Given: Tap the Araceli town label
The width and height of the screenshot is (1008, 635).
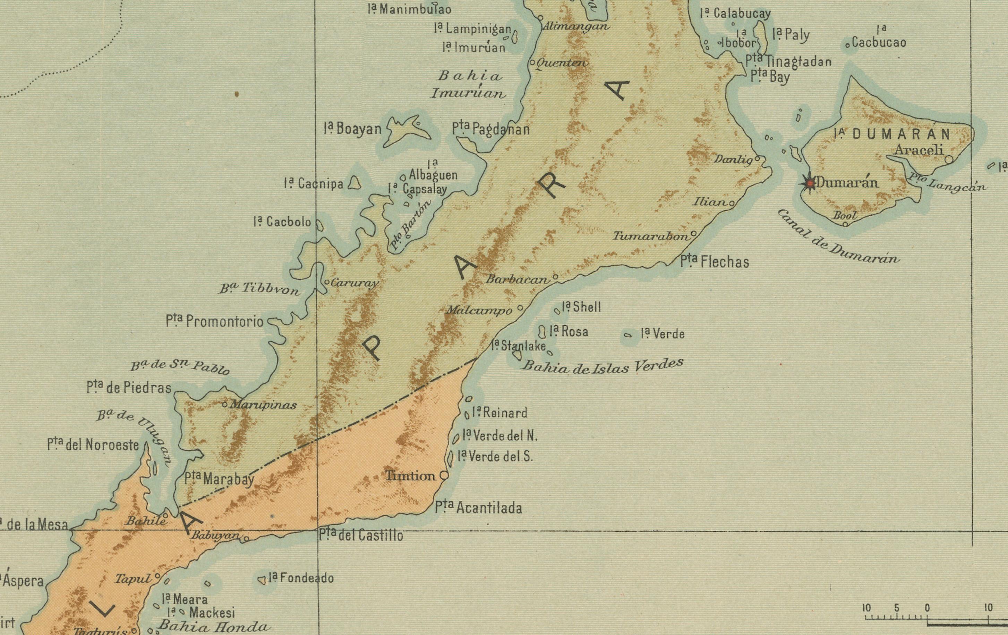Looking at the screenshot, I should coord(919,150).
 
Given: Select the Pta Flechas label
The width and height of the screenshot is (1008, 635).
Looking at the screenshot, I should coord(714,262).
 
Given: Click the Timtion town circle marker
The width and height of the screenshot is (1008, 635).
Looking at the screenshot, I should coord(444,476).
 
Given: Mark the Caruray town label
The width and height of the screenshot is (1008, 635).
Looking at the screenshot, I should coord(354,283).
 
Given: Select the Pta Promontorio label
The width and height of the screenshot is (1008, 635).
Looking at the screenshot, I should coord(214,321).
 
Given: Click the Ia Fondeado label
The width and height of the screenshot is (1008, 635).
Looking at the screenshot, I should coord(301,578).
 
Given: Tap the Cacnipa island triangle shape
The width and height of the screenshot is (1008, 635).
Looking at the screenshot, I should coord(354,183).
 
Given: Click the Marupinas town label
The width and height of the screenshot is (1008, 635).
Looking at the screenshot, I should coord(263,405).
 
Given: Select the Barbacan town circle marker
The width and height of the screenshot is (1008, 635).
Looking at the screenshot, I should coord(555,277).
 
